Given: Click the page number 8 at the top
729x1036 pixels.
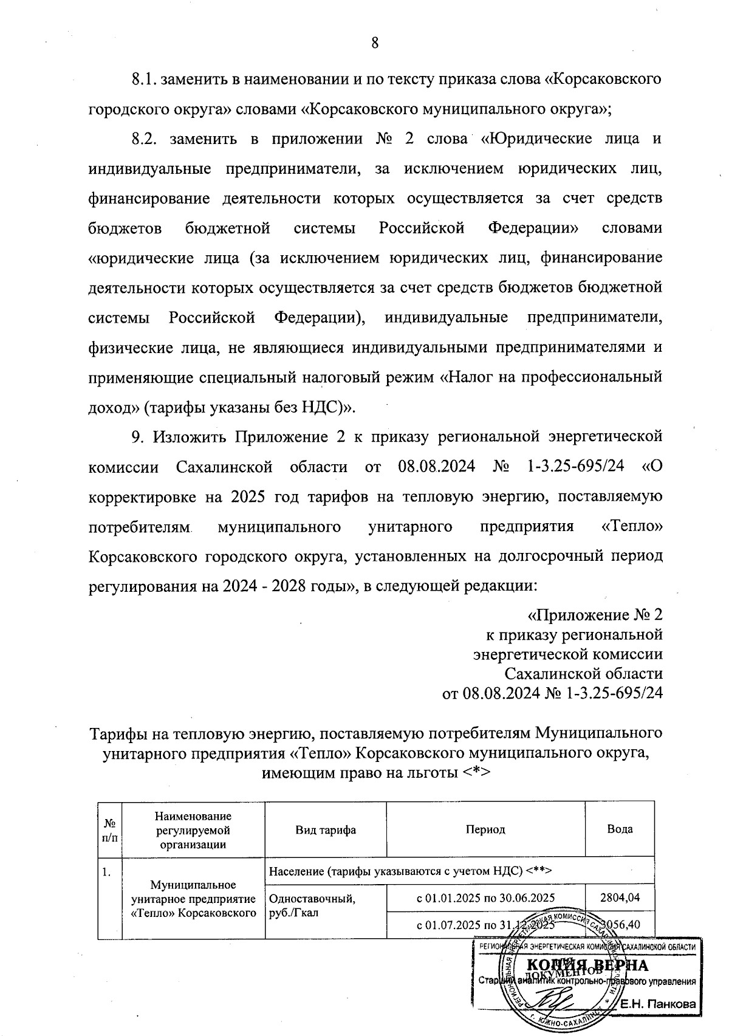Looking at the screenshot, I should [x=374, y=43].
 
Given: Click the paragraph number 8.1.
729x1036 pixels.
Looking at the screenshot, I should [x=144, y=80].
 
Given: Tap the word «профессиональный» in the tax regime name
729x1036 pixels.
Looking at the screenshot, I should [x=597, y=377].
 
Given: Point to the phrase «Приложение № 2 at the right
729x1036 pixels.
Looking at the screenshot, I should [x=595, y=616].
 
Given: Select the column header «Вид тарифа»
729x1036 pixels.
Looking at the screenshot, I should [x=326, y=829].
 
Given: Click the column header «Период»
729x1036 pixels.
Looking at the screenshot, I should [x=485, y=829].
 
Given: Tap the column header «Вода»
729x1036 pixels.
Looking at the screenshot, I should [x=620, y=829].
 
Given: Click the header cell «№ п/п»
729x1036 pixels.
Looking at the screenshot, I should [x=110, y=829].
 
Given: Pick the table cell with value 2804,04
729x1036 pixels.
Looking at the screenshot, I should [x=620, y=897].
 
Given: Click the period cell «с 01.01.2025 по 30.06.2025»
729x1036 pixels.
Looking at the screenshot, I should [x=485, y=897].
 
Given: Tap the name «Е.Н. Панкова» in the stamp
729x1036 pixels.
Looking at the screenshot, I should [x=657, y=1005].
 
